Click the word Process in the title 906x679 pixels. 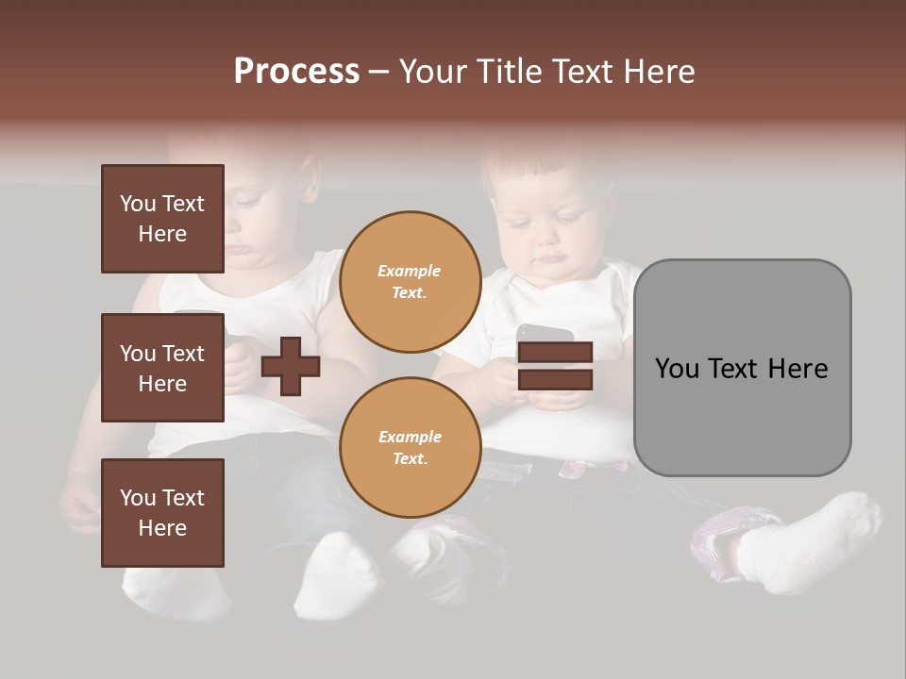click(296, 72)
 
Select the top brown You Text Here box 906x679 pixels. click(162, 219)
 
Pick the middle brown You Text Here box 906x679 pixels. click(162, 368)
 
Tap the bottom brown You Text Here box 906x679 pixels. click(162, 513)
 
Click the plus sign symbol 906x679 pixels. click(291, 366)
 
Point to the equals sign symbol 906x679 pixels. click(555, 366)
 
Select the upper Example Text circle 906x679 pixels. click(410, 281)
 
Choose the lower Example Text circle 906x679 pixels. click(410, 447)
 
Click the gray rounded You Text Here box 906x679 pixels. click(742, 368)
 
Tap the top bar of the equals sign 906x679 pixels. click(555, 353)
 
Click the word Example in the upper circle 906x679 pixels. click(410, 271)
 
